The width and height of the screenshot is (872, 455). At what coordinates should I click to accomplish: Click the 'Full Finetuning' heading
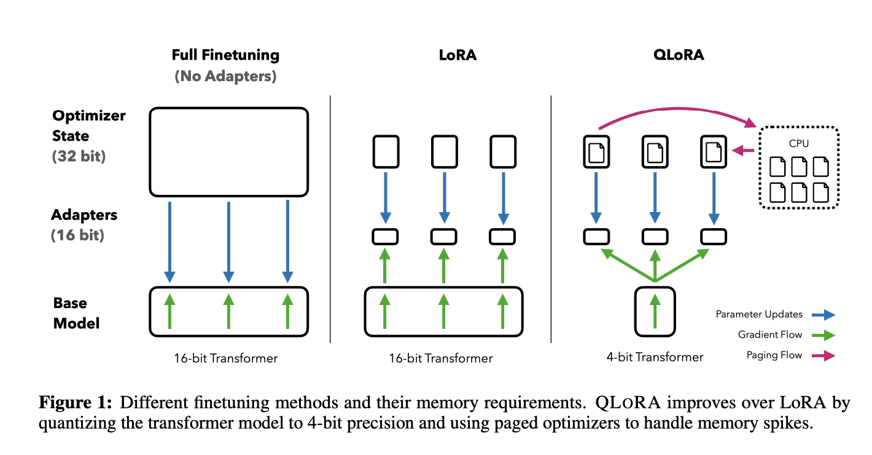point(225,55)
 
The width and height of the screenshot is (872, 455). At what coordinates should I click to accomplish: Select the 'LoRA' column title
point(457,55)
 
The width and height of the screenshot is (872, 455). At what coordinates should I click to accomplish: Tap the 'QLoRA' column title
point(679,55)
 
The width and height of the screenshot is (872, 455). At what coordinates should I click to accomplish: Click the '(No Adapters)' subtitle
point(225,76)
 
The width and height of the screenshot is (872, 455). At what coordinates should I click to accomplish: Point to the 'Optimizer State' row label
point(89,125)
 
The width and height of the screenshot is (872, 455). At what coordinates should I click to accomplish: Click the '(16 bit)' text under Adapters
point(77,235)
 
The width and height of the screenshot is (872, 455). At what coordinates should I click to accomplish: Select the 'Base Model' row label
point(76,313)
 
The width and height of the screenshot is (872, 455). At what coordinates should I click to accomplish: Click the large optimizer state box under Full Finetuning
point(229,152)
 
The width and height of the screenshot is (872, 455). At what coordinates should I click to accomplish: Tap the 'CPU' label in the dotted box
point(799,143)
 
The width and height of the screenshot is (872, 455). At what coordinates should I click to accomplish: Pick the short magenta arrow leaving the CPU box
point(743,150)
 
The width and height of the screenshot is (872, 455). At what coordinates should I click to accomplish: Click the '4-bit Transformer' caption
point(655,357)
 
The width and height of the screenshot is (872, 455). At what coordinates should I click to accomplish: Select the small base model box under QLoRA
point(655,312)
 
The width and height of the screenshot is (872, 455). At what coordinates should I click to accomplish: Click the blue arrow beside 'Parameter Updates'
point(823,315)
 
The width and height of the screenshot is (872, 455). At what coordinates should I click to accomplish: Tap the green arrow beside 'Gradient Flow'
point(823,335)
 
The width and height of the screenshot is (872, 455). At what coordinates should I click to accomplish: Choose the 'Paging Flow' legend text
point(774,355)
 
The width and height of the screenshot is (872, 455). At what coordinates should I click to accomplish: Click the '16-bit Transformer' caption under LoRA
point(441,358)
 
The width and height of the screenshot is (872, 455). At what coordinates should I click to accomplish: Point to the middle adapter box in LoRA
point(444,237)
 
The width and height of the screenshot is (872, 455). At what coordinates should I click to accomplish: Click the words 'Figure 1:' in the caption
point(75,402)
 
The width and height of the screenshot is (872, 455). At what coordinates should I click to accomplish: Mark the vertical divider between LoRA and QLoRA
point(551,219)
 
